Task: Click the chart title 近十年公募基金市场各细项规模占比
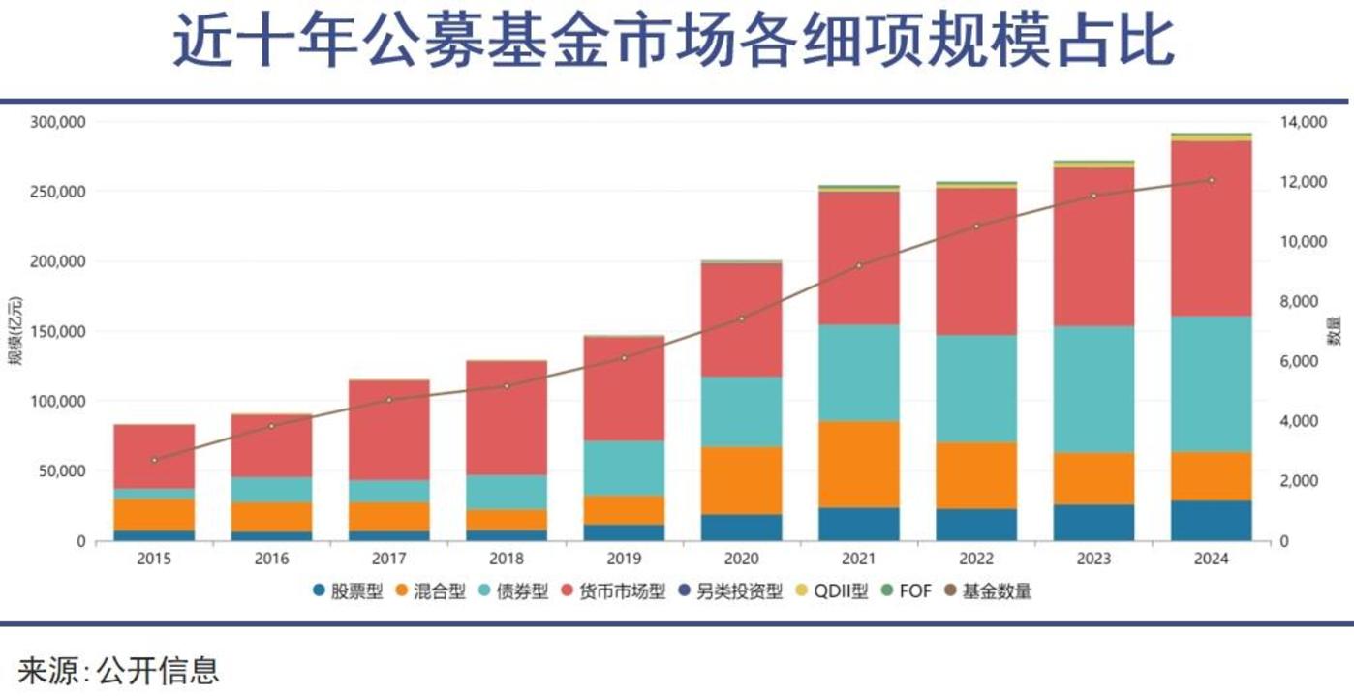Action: pos(675,44)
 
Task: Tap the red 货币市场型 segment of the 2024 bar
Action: pos(1211,228)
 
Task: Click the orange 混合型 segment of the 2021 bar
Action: pos(858,464)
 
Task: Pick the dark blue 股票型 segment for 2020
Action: pos(741,527)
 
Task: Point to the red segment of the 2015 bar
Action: pos(154,456)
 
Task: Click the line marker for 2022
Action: pos(976,227)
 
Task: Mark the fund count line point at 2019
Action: pos(624,358)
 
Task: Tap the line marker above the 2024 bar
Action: pos(1211,180)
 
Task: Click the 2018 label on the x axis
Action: pos(507,559)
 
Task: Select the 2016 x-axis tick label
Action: pos(271,559)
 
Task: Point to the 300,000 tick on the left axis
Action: pos(59,122)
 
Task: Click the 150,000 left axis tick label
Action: pos(59,331)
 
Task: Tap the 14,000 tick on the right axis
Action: pos(1302,122)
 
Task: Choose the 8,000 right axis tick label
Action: pos(1298,301)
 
